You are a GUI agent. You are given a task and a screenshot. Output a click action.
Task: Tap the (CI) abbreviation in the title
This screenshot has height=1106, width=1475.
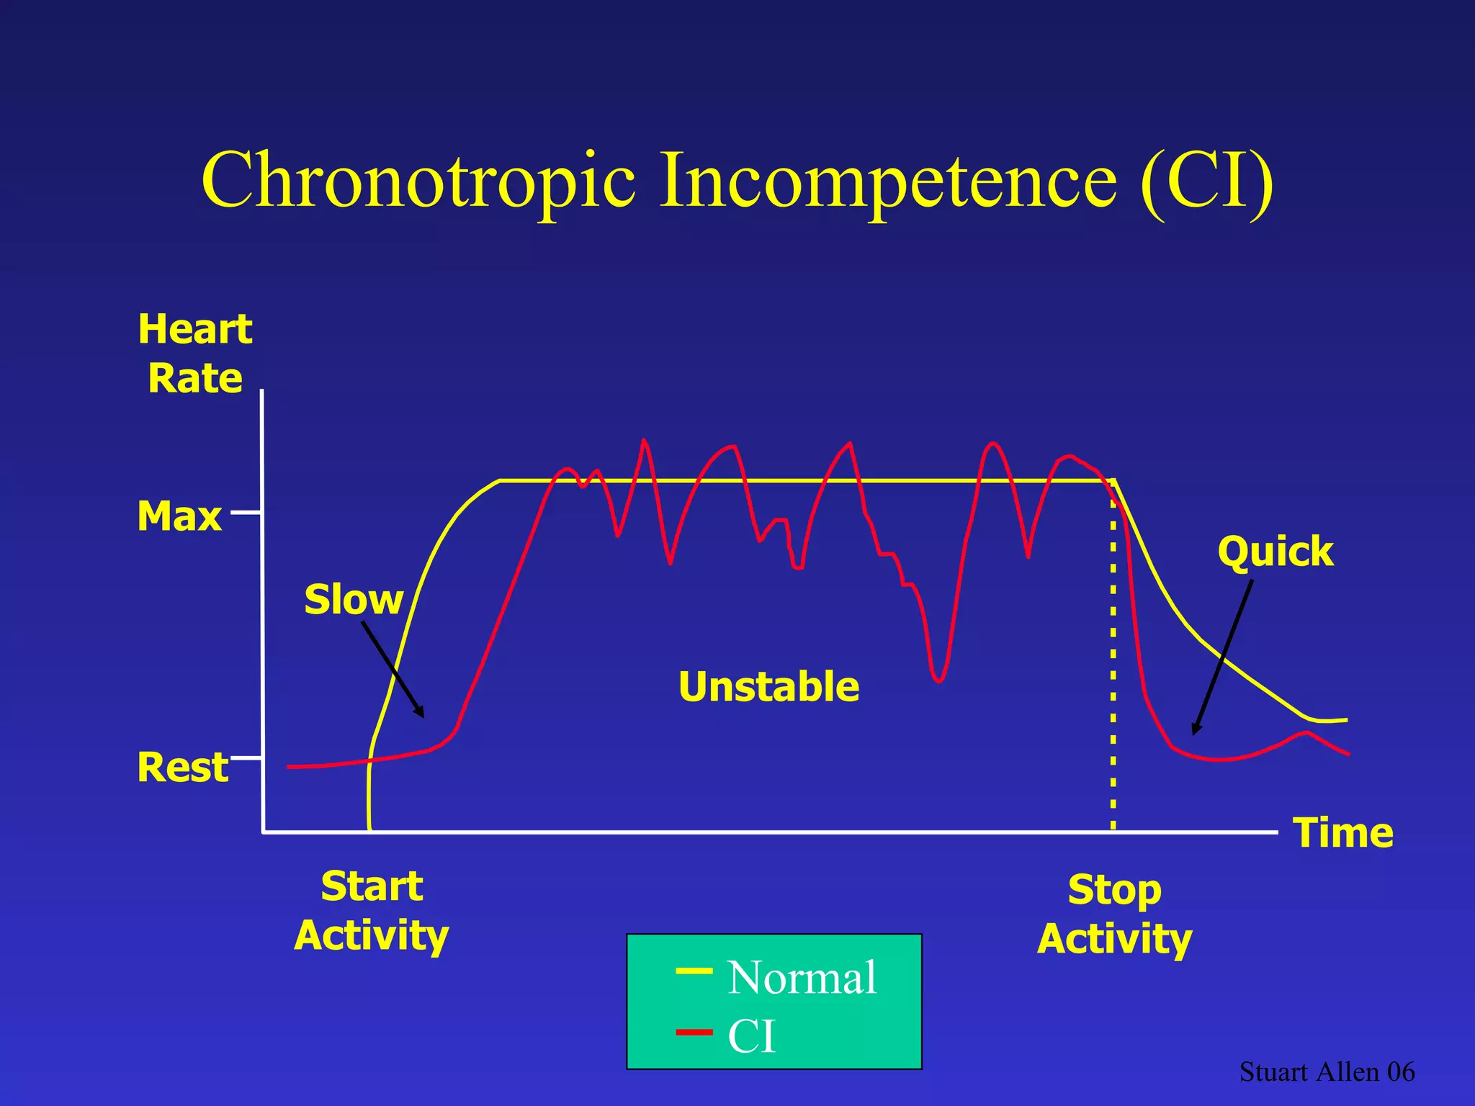pyautogui.click(x=1207, y=181)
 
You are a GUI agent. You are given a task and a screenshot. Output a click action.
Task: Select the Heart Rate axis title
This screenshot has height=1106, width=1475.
pyautogui.click(x=195, y=354)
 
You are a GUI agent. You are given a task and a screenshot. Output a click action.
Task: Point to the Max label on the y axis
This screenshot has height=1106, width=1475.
pyautogui.click(x=179, y=516)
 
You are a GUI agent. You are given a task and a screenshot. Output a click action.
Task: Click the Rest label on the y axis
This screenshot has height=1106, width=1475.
pyautogui.click(x=182, y=767)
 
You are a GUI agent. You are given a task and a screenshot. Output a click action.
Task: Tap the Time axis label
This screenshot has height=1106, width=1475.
pyautogui.click(x=1342, y=833)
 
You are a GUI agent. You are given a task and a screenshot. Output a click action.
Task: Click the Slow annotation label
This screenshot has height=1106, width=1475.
pyautogui.click(x=353, y=599)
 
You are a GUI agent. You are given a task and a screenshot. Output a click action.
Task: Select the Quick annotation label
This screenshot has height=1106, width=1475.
pyautogui.click(x=1275, y=552)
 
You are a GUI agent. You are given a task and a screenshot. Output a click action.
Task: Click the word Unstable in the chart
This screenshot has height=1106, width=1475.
pyautogui.click(x=768, y=686)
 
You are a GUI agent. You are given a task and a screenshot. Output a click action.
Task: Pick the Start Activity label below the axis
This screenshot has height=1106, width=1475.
pyautogui.click(x=372, y=911)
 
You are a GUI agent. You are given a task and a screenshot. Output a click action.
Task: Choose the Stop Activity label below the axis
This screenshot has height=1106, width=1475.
pyautogui.click(x=1114, y=914)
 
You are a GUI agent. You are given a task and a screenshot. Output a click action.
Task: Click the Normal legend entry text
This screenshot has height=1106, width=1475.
pyautogui.click(x=802, y=978)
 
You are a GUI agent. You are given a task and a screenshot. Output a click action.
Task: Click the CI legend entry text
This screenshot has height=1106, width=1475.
pyautogui.click(x=751, y=1037)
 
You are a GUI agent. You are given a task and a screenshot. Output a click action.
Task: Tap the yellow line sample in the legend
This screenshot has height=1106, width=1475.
pyautogui.click(x=694, y=972)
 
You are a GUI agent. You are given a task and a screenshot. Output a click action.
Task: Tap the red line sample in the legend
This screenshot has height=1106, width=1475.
pyautogui.click(x=694, y=1033)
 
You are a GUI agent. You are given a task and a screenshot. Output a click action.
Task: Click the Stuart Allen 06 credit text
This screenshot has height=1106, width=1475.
pyautogui.click(x=1327, y=1072)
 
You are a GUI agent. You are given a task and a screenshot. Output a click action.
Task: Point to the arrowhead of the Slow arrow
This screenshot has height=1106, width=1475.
pyautogui.click(x=421, y=714)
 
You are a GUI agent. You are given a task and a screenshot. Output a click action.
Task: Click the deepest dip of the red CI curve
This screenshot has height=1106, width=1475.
pyautogui.click(x=938, y=680)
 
